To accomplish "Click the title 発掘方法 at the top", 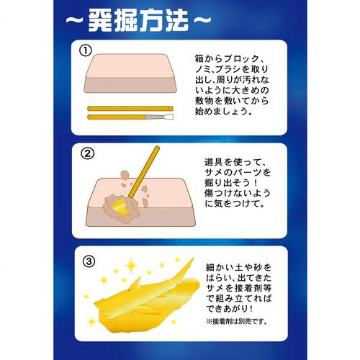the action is pyautogui.click(x=138, y=20).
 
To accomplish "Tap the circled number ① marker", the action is pyautogui.click(x=86, y=50).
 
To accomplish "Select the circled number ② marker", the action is pyautogui.click(x=88, y=153).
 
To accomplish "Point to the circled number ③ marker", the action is pyautogui.click(x=89, y=261).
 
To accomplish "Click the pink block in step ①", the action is pyautogui.click(x=130, y=73).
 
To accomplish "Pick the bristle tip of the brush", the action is pyautogui.click(x=168, y=117).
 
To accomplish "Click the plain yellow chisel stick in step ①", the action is pyautogui.click(x=130, y=108).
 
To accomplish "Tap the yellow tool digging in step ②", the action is pyautogui.click(x=144, y=171).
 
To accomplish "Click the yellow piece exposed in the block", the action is pyautogui.click(x=121, y=207).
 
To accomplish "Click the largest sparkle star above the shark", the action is pyautogui.click(x=131, y=265).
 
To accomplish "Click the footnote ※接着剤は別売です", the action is pyautogui.click(x=237, y=321).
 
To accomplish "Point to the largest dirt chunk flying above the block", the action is pyautogui.click(x=125, y=175).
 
